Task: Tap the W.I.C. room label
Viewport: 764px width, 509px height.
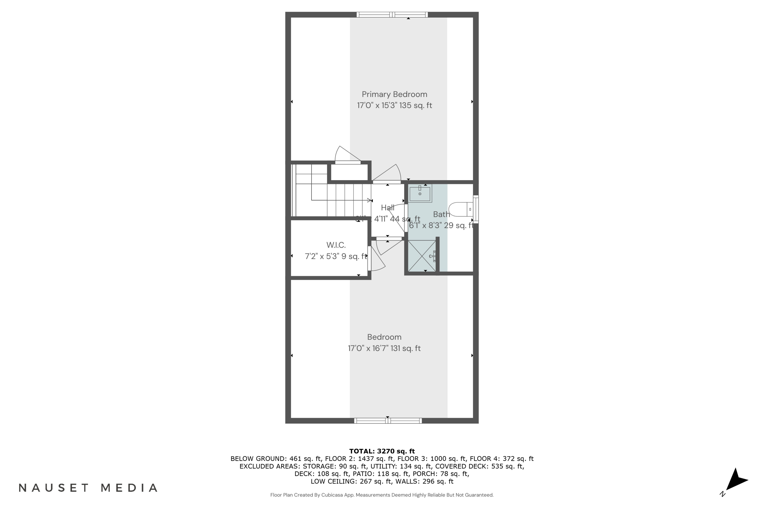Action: pyautogui.click(x=336, y=245)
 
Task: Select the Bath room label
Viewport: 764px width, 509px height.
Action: pyautogui.click(x=441, y=214)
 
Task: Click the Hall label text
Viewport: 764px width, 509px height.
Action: pyautogui.click(x=388, y=208)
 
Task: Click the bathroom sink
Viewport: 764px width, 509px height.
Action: pyautogui.click(x=420, y=193)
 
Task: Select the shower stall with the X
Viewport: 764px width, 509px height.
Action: pyautogui.click(x=422, y=256)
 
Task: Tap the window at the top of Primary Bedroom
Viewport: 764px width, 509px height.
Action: pyautogui.click(x=392, y=15)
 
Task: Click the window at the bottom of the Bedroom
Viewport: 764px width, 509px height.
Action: pyautogui.click(x=388, y=421)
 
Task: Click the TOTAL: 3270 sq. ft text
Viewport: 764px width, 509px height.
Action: pyautogui.click(x=382, y=451)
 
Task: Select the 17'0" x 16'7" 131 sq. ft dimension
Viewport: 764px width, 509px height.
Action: pyautogui.click(x=384, y=348)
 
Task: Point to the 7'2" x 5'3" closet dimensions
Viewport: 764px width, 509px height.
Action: pyautogui.click(x=336, y=257)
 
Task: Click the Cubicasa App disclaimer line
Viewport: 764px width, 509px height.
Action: pyautogui.click(x=382, y=495)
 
